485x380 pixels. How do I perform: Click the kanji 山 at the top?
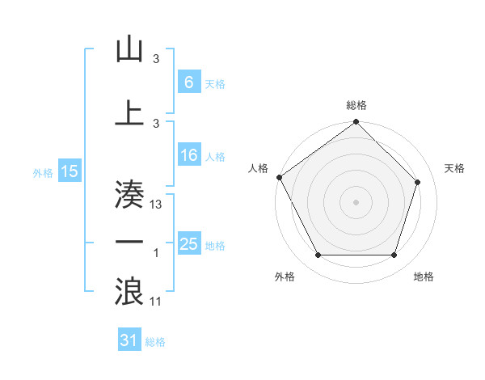pos(129,50)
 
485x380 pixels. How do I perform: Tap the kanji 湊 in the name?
pos(129,194)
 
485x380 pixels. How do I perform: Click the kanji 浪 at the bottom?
pos(129,290)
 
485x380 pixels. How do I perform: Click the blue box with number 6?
pos(188,82)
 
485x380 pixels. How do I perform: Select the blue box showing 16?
pos(188,156)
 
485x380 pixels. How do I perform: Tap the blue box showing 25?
pos(188,244)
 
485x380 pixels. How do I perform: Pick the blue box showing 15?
pos(69,171)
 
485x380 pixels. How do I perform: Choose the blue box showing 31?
pos(129,341)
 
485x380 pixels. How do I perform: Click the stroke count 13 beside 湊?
pos(157,205)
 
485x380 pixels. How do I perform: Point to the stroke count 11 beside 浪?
pos(157,302)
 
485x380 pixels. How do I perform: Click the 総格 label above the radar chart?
pos(356,105)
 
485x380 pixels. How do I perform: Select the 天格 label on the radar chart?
pos(454,168)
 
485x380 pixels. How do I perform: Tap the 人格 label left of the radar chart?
pos(259,168)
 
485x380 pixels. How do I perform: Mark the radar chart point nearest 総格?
pos(356,123)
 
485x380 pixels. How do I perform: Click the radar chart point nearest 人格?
pos(279,177)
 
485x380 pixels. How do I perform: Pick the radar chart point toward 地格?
pos(394,255)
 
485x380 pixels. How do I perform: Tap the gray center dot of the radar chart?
pos(356,201)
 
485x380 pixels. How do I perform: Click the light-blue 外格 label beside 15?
pos(43,172)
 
